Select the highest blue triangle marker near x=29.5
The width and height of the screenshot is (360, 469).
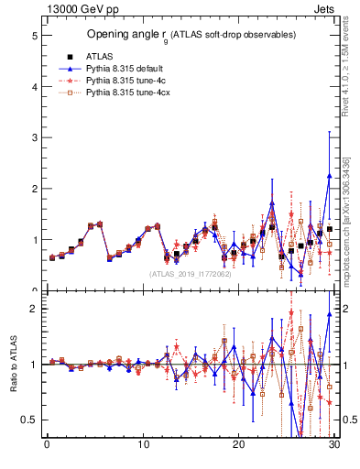pos(329,176)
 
